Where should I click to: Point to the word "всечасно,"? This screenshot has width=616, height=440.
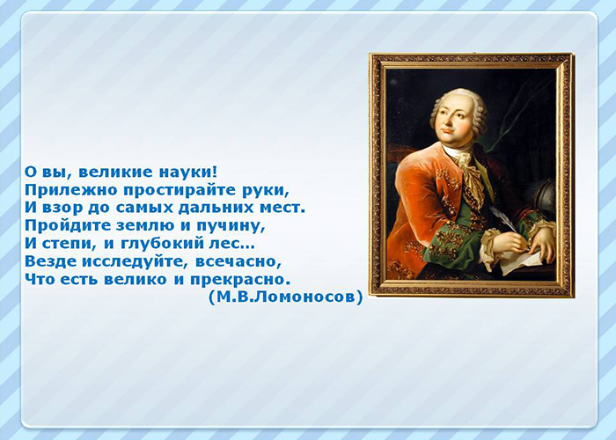[238, 261]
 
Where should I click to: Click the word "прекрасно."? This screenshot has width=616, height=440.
[240, 280]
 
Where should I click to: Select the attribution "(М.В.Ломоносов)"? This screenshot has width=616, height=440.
[286, 297]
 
